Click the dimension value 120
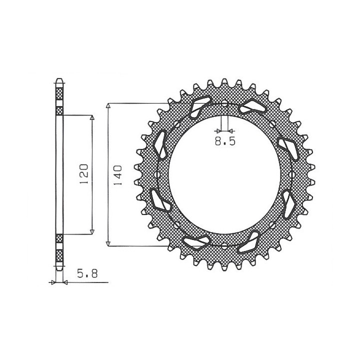tap(84, 174)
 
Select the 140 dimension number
tap(117, 175)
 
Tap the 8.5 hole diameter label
tap(225, 141)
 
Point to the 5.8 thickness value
tap(87, 273)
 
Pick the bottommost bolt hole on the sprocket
tap(224, 246)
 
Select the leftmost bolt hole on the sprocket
tap(157, 174)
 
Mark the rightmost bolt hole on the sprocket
tap(292, 174)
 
